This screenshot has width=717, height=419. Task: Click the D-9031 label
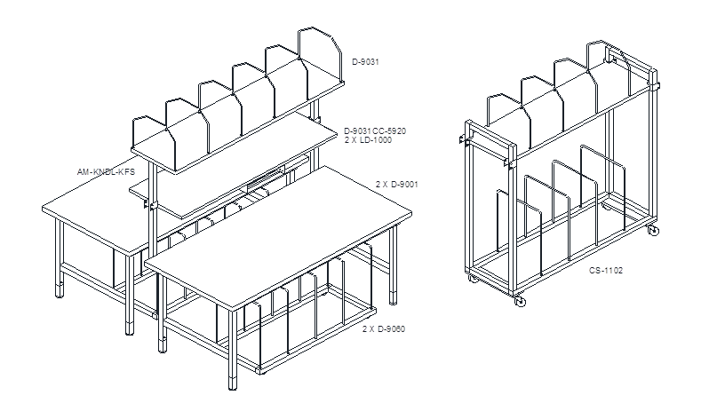click(365, 61)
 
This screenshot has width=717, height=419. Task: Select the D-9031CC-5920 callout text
click(375, 131)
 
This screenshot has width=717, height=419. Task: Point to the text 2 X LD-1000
click(368, 140)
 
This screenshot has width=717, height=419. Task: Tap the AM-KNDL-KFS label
click(106, 172)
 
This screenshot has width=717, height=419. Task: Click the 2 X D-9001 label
click(397, 185)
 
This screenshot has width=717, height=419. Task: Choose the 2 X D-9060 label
click(384, 329)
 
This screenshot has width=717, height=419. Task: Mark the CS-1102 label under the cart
click(606, 271)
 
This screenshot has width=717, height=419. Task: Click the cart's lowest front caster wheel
click(520, 301)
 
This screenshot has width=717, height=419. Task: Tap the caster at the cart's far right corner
click(653, 231)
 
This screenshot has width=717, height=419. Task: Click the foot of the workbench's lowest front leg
click(233, 383)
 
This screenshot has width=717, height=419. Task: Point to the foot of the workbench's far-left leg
click(60, 290)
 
